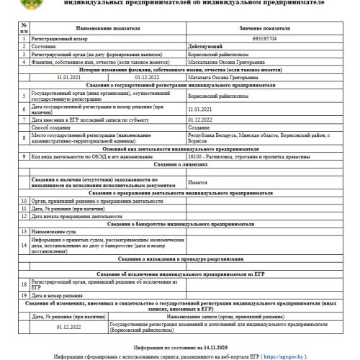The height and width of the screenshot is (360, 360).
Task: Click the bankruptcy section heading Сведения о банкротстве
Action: pyautogui.click(x=182, y=224)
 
